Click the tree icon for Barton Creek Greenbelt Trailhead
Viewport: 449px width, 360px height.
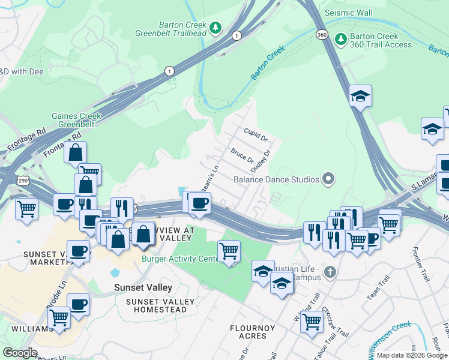[215, 28]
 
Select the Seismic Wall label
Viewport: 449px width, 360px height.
[348, 13]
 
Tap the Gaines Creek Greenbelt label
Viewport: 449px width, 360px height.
[75, 121]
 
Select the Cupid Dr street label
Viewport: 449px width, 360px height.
[255, 134]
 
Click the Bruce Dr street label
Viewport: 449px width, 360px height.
[242, 155]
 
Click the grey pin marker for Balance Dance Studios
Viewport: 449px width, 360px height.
[328, 179]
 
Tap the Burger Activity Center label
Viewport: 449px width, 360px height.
[181, 259]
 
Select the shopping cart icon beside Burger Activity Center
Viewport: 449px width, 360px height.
[229, 251]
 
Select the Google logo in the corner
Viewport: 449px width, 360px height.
[20, 352]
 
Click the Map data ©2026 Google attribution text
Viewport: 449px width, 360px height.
[412, 355]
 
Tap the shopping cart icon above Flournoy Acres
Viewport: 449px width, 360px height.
[312, 321]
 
